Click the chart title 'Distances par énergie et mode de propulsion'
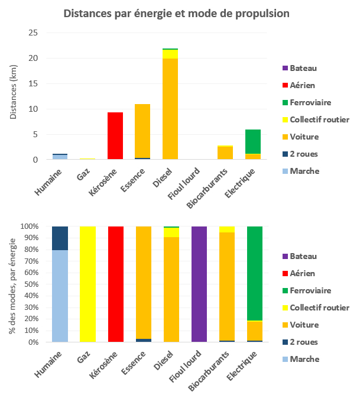177,13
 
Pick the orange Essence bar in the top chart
142,131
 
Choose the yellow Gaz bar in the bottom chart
87,284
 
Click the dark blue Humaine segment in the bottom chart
59,238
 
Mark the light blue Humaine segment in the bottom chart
59,296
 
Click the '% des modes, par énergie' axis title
13,284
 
